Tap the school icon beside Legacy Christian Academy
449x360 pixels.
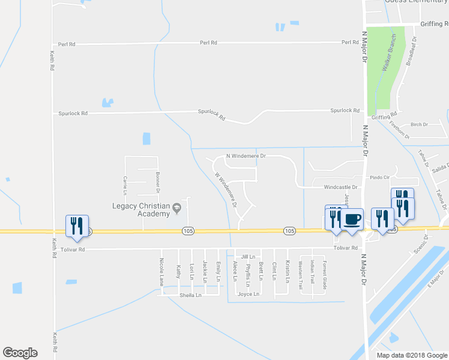(x=176, y=209)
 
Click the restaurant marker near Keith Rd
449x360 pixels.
(x=77, y=225)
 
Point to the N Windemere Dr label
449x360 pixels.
(x=246, y=156)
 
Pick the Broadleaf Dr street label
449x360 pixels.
(x=411, y=50)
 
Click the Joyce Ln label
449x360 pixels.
(x=249, y=294)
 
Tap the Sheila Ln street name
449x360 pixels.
(x=190, y=295)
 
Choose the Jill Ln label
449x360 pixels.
(x=248, y=256)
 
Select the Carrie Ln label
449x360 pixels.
(x=125, y=183)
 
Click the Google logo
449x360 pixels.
(x=20, y=353)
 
